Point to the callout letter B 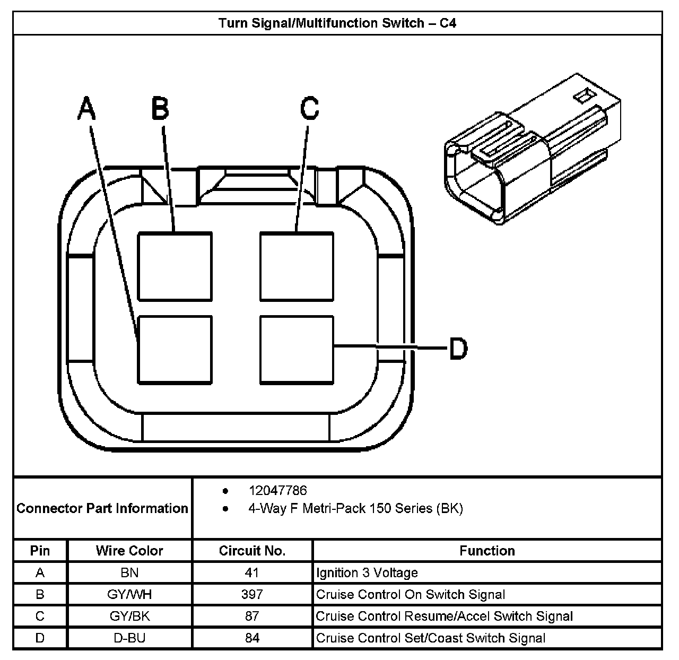pyautogui.click(x=160, y=108)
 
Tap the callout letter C pyautogui.click(x=309, y=108)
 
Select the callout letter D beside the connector pyautogui.click(x=458, y=349)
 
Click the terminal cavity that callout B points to pyautogui.click(x=175, y=266)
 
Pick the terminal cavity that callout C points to pyautogui.click(x=297, y=266)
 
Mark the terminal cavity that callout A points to pyautogui.click(x=175, y=350)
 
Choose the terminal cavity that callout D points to pyautogui.click(x=297, y=350)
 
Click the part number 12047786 pyautogui.click(x=277, y=491)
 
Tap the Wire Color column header pyautogui.click(x=129, y=551)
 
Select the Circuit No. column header pyautogui.click(x=252, y=551)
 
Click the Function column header pyautogui.click(x=487, y=551)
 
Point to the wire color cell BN pyautogui.click(x=129, y=573)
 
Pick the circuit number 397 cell pyautogui.click(x=252, y=595)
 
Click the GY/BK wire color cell pyautogui.click(x=129, y=616)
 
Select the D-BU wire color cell pyautogui.click(x=129, y=638)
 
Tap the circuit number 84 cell pyautogui.click(x=252, y=638)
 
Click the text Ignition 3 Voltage pyautogui.click(x=367, y=573)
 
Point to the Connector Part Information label pyautogui.click(x=102, y=508)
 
